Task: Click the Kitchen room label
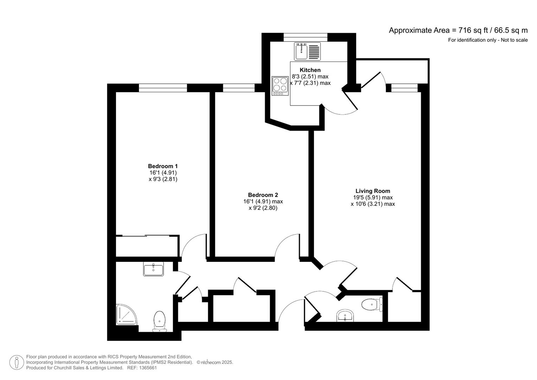point(310,70)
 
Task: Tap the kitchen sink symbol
point(307,51)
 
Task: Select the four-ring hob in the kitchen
point(280,85)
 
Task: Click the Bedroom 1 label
point(163,166)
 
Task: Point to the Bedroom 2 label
point(263,195)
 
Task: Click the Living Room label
point(373,191)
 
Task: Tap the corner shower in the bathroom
point(126,314)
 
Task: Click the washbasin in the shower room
point(153,270)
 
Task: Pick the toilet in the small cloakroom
point(371,304)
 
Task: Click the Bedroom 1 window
point(163,88)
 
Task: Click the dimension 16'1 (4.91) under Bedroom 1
point(163,173)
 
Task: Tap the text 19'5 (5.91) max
point(373,198)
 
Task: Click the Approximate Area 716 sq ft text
point(458,30)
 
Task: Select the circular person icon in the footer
point(17,362)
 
